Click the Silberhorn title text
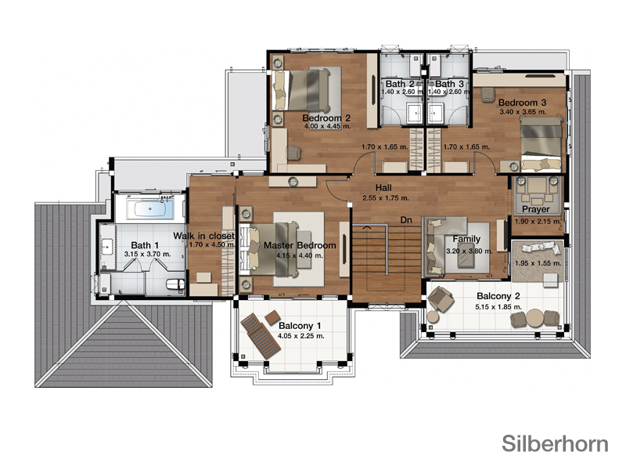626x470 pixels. point(555,443)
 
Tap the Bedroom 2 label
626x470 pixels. point(326,118)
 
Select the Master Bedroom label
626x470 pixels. point(300,245)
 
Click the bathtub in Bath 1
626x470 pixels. point(150,209)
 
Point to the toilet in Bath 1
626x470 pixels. point(175,284)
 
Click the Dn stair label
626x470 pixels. point(406,220)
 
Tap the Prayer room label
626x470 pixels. point(536,209)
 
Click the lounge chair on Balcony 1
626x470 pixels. point(261,335)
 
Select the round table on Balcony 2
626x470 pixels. point(534,318)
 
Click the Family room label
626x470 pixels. point(466,239)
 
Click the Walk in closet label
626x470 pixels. point(203,236)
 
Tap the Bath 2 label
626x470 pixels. point(400,84)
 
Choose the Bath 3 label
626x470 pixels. point(449,84)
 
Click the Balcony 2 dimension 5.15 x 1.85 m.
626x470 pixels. point(498,307)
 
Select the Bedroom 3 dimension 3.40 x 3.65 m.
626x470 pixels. point(523,112)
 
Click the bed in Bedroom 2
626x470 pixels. point(301,90)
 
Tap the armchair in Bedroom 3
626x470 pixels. point(487,95)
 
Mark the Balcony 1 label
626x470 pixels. point(300,326)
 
